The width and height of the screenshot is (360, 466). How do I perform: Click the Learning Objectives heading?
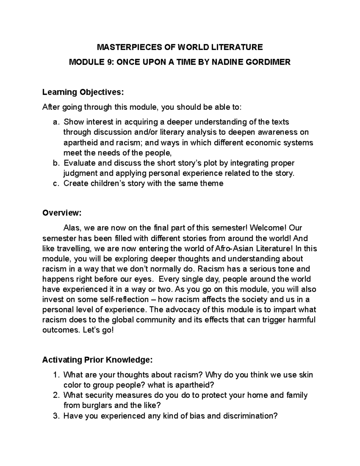[x=83, y=92]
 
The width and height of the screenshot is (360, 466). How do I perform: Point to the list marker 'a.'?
[x=55, y=122]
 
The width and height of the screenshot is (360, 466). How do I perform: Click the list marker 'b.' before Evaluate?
[x=55, y=163]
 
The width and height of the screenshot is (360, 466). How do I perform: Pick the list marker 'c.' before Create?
[x=55, y=183]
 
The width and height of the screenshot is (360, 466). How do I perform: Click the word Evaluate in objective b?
[x=78, y=163]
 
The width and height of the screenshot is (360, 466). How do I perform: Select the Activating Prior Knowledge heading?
[x=97, y=360]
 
